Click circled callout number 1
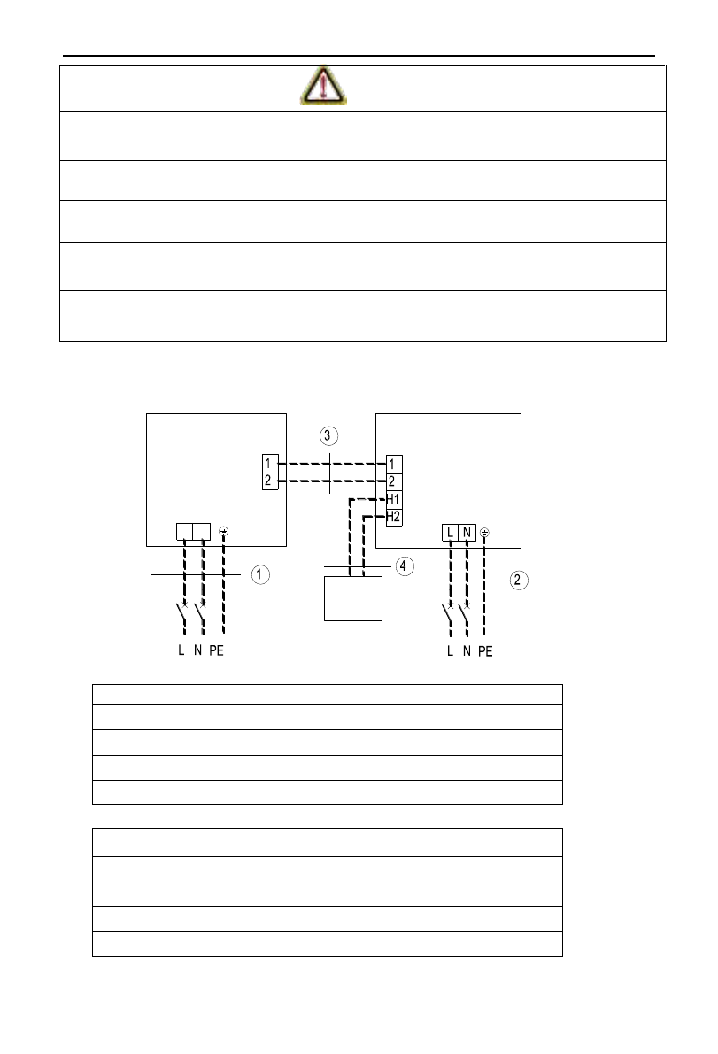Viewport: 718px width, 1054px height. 259,575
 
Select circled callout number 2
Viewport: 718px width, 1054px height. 519,580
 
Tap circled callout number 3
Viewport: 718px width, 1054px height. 329,435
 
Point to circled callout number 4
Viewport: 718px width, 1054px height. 404,566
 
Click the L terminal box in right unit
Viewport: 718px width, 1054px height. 452,532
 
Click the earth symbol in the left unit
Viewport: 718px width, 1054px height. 223,532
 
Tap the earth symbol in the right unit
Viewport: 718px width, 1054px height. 484,533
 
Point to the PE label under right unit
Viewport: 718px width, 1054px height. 483,651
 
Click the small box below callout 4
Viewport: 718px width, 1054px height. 353,598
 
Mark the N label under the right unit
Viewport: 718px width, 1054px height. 466,651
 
